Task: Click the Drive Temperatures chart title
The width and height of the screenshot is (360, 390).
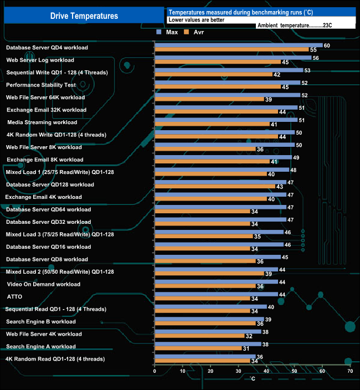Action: point(84,16)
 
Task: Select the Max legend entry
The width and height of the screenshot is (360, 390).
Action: point(168,32)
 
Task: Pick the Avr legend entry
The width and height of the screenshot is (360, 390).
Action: point(195,32)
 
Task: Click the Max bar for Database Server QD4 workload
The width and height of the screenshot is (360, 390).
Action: point(238,45)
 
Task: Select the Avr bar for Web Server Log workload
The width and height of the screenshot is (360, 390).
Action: point(217,62)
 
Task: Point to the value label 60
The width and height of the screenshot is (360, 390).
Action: point(327,45)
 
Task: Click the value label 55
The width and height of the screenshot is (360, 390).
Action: point(313,50)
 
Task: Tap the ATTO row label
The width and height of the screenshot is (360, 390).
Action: point(14,296)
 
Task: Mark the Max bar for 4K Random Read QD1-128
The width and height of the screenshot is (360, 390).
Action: point(204,357)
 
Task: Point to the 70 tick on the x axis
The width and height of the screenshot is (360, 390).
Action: point(349,371)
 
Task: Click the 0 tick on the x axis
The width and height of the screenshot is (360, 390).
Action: point(155,371)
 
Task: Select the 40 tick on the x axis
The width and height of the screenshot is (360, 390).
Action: point(266,371)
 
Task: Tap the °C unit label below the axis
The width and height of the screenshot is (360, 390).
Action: point(252,379)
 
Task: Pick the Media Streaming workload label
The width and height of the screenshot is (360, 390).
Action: point(42,122)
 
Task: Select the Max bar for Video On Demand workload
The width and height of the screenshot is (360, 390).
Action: point(216,282)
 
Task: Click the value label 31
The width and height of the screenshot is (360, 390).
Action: point(245,348)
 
